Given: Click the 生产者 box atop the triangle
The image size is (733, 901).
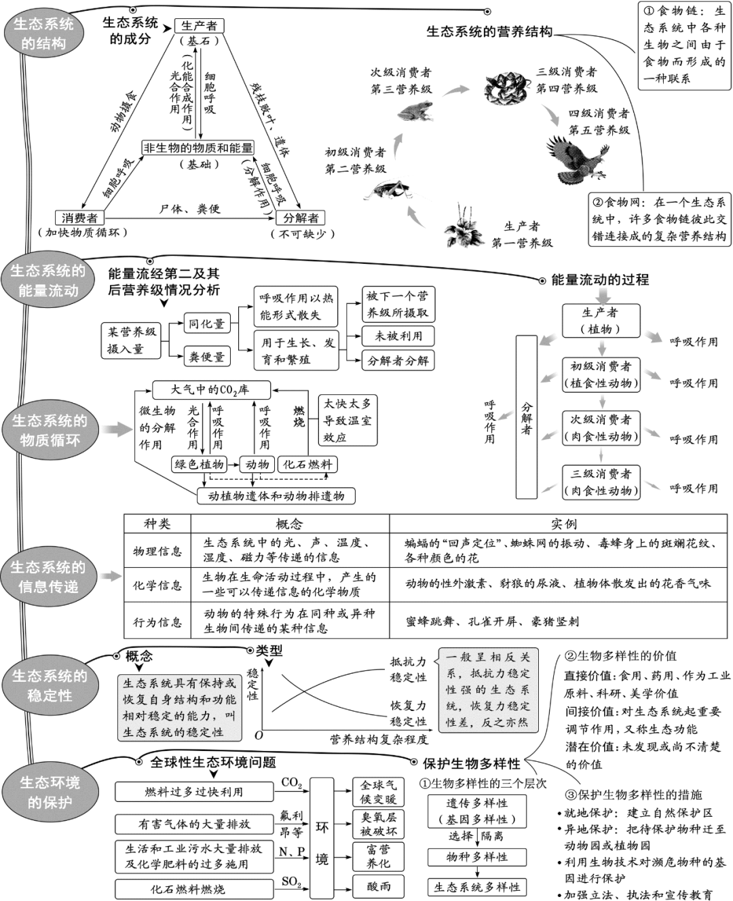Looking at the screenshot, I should [x=199, y=26].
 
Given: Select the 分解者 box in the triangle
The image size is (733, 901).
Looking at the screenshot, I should [x=301, y=218].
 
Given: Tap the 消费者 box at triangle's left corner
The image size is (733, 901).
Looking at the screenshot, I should [x=79, y=218].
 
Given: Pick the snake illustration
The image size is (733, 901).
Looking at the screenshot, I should [x=506, y=88].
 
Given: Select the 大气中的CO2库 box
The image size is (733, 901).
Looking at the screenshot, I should [x=210, y=389].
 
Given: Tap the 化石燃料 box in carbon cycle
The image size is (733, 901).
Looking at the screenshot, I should [x=307, y=464].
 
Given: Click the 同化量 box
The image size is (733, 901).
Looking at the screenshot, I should [x=206, y=324].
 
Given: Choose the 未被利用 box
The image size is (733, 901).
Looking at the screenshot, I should [x=398, y=335].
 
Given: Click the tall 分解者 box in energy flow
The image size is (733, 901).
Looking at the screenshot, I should [x=526, y=417].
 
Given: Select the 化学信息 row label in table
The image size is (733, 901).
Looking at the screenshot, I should [x=157, y=585].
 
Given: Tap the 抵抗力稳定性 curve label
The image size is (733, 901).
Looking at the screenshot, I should [x=408, y=669].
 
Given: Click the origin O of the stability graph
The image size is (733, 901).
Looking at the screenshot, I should [x=259, y=735].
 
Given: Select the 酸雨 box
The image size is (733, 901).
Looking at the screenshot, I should [x=379, y=886].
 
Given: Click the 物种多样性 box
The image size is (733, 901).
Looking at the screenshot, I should [x=476, y=857].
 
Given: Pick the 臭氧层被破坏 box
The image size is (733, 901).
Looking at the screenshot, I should [x=379, y=824].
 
